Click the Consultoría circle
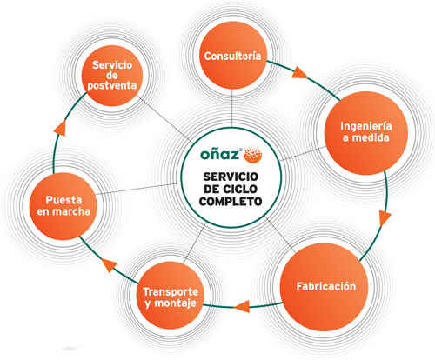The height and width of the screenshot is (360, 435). pos(233,56)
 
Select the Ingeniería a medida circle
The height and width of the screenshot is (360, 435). pos(366,133)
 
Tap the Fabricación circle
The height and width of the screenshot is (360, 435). pos(325,287)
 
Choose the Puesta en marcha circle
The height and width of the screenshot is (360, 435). pos(64,206)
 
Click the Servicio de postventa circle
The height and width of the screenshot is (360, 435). pos(112,76)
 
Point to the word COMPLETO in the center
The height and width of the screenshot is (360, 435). pos(231,202)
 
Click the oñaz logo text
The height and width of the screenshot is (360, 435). pos(221,154)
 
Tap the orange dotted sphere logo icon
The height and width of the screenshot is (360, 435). pos(253,153)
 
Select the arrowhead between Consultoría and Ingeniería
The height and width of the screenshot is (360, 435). pos(299,73)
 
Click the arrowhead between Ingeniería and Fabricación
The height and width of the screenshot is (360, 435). pos(385,218)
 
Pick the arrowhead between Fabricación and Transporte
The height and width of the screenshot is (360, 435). pos(242,306)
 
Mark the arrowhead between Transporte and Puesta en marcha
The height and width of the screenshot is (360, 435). pos(110,264)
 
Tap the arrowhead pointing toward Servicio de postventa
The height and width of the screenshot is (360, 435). pos(60,128)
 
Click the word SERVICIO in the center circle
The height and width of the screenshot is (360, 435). pos(231,177)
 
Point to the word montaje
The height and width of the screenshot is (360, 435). pos(176,303)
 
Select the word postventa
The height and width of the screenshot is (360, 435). pos(112,85)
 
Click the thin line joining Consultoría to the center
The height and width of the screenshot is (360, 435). pos(232,108)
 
